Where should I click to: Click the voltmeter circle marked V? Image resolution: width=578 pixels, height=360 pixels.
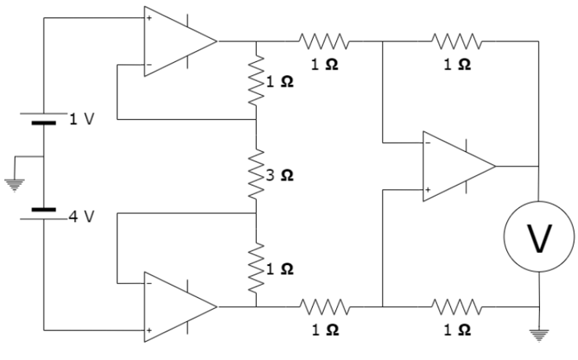pos(539,239)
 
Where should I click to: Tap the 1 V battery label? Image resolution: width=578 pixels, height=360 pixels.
pos(81,120)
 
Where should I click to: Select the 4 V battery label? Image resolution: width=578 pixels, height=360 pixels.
pos(81,217)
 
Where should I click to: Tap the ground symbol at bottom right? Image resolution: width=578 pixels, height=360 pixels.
pos(539,335)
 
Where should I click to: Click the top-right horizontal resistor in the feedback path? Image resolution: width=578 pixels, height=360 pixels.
pos(456,40)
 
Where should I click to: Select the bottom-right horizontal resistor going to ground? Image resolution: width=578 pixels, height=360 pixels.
pos(456,306)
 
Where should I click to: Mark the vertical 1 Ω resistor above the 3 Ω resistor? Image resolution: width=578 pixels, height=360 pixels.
pos(256,79)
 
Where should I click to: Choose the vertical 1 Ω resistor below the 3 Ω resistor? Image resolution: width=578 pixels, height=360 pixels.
pos(256,266)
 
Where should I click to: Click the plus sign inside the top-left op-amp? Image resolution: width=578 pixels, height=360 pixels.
pos(149,17)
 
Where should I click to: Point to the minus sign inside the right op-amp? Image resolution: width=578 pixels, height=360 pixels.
pos(428,142)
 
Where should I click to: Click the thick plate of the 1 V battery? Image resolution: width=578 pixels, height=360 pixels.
pos(43,122)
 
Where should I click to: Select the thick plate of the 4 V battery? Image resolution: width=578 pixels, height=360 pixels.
pos(43,210)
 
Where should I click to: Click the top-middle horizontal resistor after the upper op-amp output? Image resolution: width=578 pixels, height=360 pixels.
pos(325,40)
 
